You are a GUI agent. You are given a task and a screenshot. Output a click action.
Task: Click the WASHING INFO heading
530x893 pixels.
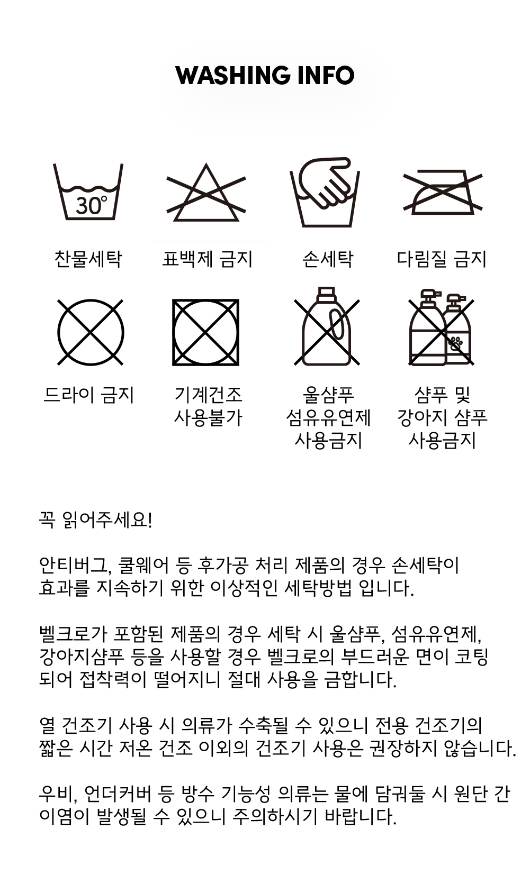click(265, 75)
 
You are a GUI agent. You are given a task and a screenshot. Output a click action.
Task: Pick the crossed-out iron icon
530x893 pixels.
click(443, 192)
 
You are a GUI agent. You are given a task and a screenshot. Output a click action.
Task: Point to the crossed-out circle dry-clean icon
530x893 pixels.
click(91, 332)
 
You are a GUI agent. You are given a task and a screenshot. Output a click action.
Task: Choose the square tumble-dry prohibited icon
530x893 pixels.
click(205, 332)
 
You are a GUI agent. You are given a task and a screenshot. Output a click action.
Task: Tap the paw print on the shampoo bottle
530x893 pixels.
click(456, 343)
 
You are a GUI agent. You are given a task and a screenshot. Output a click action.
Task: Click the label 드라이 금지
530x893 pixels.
click(88, 395)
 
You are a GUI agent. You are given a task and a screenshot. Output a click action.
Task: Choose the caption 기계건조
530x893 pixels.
click(208, 395)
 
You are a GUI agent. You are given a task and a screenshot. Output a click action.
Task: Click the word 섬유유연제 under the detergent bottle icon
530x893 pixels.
click(328, 417)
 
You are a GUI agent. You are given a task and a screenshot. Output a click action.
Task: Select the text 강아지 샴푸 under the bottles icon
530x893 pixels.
click(442, 417)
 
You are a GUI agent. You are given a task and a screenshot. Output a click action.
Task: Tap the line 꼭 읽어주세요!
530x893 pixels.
click(95, 520)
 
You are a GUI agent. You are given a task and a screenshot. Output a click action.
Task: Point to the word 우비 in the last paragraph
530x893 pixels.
click(56, 794)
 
